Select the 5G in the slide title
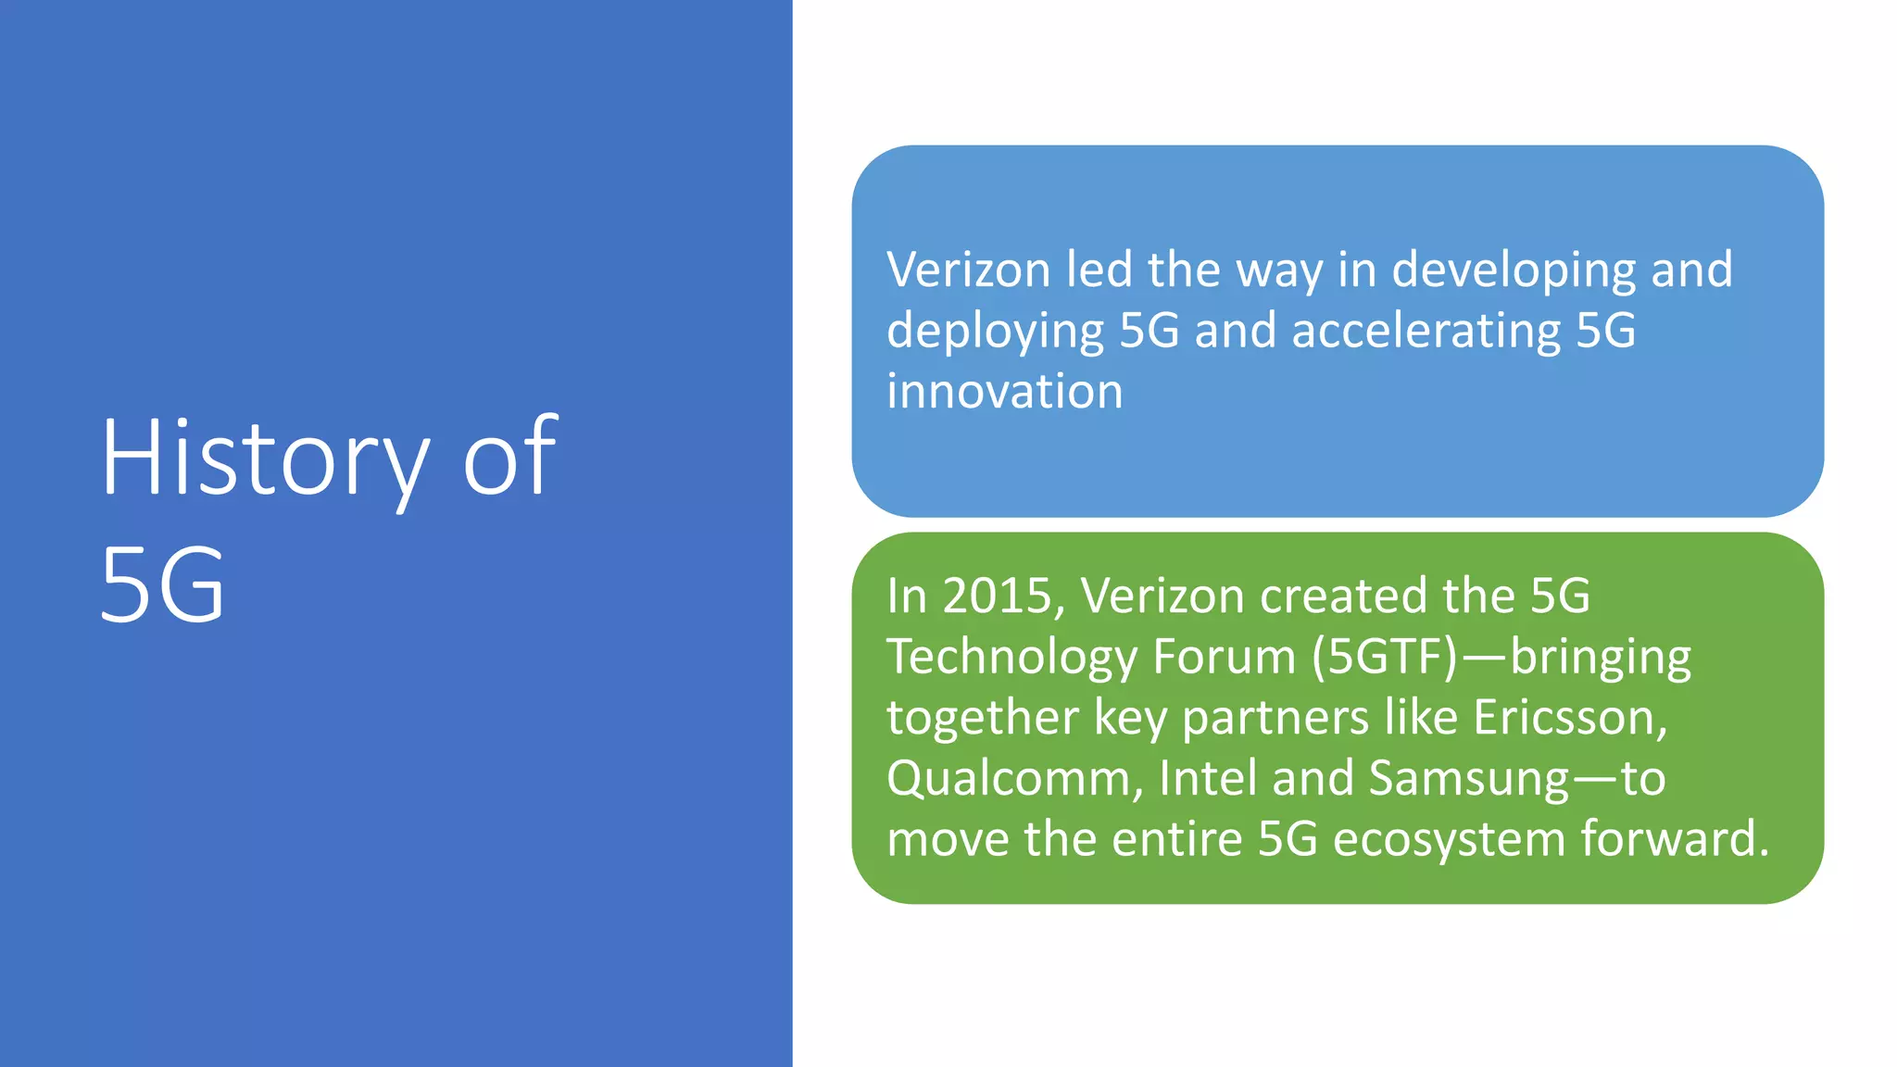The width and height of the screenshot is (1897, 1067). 162,584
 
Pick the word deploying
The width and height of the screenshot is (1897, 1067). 995,332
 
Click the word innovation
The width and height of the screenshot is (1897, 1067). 1004,391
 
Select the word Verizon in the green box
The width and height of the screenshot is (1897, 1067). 1162,596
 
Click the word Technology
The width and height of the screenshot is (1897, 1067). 1011,658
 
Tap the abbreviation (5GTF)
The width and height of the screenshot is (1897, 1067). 1385,657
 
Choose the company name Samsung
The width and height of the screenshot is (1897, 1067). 1469,779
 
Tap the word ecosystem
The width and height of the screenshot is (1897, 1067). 1449,839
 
